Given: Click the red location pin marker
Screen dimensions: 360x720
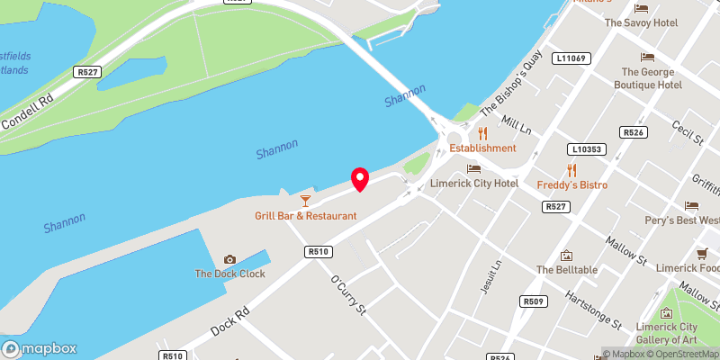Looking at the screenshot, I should [360, 179].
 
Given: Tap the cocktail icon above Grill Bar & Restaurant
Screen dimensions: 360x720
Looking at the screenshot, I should [305, 200].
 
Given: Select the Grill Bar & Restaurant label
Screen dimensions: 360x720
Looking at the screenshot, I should [305, 216].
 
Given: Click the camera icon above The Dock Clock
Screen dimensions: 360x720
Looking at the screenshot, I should [229, 259].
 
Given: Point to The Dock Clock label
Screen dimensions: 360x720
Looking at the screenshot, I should [229, 274].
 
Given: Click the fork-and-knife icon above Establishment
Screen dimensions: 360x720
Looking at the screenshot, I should [482, 133].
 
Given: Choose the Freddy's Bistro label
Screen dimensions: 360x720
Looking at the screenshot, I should [571, 184].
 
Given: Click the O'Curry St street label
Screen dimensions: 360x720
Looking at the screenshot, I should [350, 296].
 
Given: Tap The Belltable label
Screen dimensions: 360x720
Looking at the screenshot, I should [567, 269].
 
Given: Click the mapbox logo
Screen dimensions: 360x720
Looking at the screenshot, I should [40, 348].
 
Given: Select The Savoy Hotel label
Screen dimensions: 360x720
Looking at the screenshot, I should [640, 22].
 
